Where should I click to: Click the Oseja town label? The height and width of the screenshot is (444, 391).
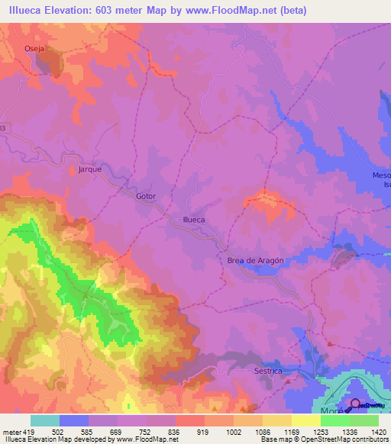pos(35,50)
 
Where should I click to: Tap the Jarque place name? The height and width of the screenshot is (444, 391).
pos(89,169)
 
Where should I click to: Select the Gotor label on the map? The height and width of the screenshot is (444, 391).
pos(146,196)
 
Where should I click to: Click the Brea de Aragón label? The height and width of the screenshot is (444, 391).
pos(256,260)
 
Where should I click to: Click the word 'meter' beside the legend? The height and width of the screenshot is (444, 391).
pos(11,432)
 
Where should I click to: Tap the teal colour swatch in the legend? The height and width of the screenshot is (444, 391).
pos(44,420)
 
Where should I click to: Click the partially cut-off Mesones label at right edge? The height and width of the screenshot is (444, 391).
pos(381,175)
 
